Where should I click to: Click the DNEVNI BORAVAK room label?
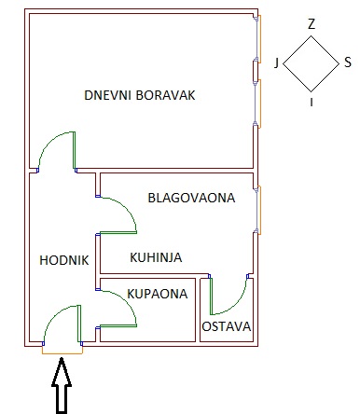click(x=140, y=95)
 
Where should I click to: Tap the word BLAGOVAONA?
click(x=191, y=198)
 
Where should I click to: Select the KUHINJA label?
click(x=156, y=257)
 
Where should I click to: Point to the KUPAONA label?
click(x=158, y=294)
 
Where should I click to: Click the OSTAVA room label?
click(x=227, y=326)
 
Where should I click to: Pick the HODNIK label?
click(x=64, y=260)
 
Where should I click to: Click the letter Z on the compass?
click(x=312, y=24)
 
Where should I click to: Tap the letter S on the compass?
click(x=348, y=62)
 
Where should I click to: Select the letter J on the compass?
click(x=276, y=63)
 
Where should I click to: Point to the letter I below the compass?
click(x=312, y=102)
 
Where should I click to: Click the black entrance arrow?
click(x=62, y=386)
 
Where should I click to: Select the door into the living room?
click(x=49, y=141)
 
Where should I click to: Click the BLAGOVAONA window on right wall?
click(x=257, y=210)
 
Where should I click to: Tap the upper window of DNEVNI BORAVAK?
click(x=257, y=39)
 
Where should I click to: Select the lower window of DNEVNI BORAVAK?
click(x=257, y=103)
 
